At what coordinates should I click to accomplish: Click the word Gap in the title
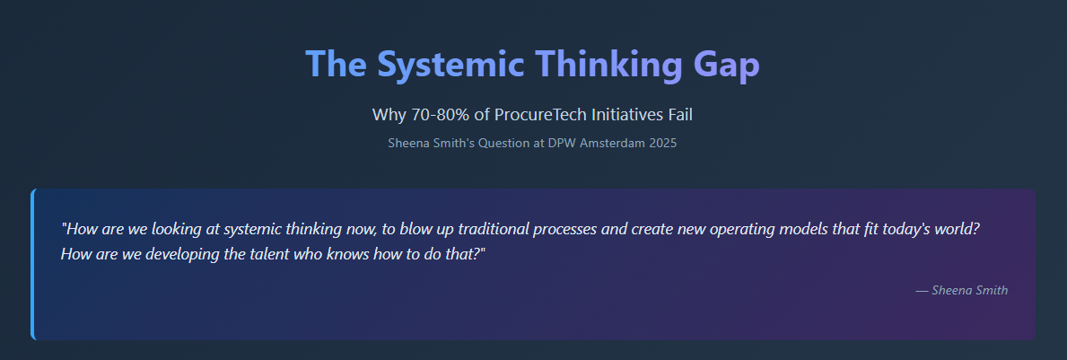pyautogui.click(x=726, y=65)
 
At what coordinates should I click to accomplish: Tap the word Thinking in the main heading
pyautogui.click(x=609, y=65)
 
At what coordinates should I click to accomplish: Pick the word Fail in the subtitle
pyautogui.click(x=679, y=115)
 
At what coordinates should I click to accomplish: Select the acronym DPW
pyautogui.click(x=561, y=144)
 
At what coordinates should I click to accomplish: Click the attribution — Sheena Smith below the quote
pyautogui.click(x=961, y=291)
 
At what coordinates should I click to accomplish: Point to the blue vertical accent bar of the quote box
pyautogui.click(x=32, y=264)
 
